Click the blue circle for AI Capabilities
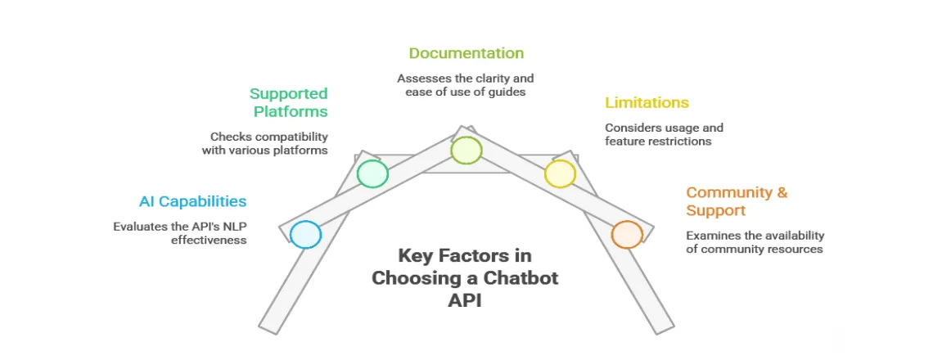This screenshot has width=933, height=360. click(x=305, y=235)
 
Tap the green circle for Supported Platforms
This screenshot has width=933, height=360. click(x=372, y=173)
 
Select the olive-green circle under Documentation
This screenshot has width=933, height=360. click(x=466, y=151)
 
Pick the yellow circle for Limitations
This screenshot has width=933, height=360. click(x=560, y=173)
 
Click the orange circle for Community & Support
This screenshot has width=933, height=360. click(x=627, y=235)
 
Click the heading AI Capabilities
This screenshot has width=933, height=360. click(x=192, y=201)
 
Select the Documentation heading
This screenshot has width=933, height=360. click(x=466, y=53)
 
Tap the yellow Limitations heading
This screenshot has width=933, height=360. click(x=647, y=103)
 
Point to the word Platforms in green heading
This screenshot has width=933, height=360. click(x=290, y=111)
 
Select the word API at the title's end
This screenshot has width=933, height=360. click(x=465, y=299)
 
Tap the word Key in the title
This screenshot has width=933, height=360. click(x=416, y=254)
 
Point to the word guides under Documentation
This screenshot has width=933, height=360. click(x=506, y=92)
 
